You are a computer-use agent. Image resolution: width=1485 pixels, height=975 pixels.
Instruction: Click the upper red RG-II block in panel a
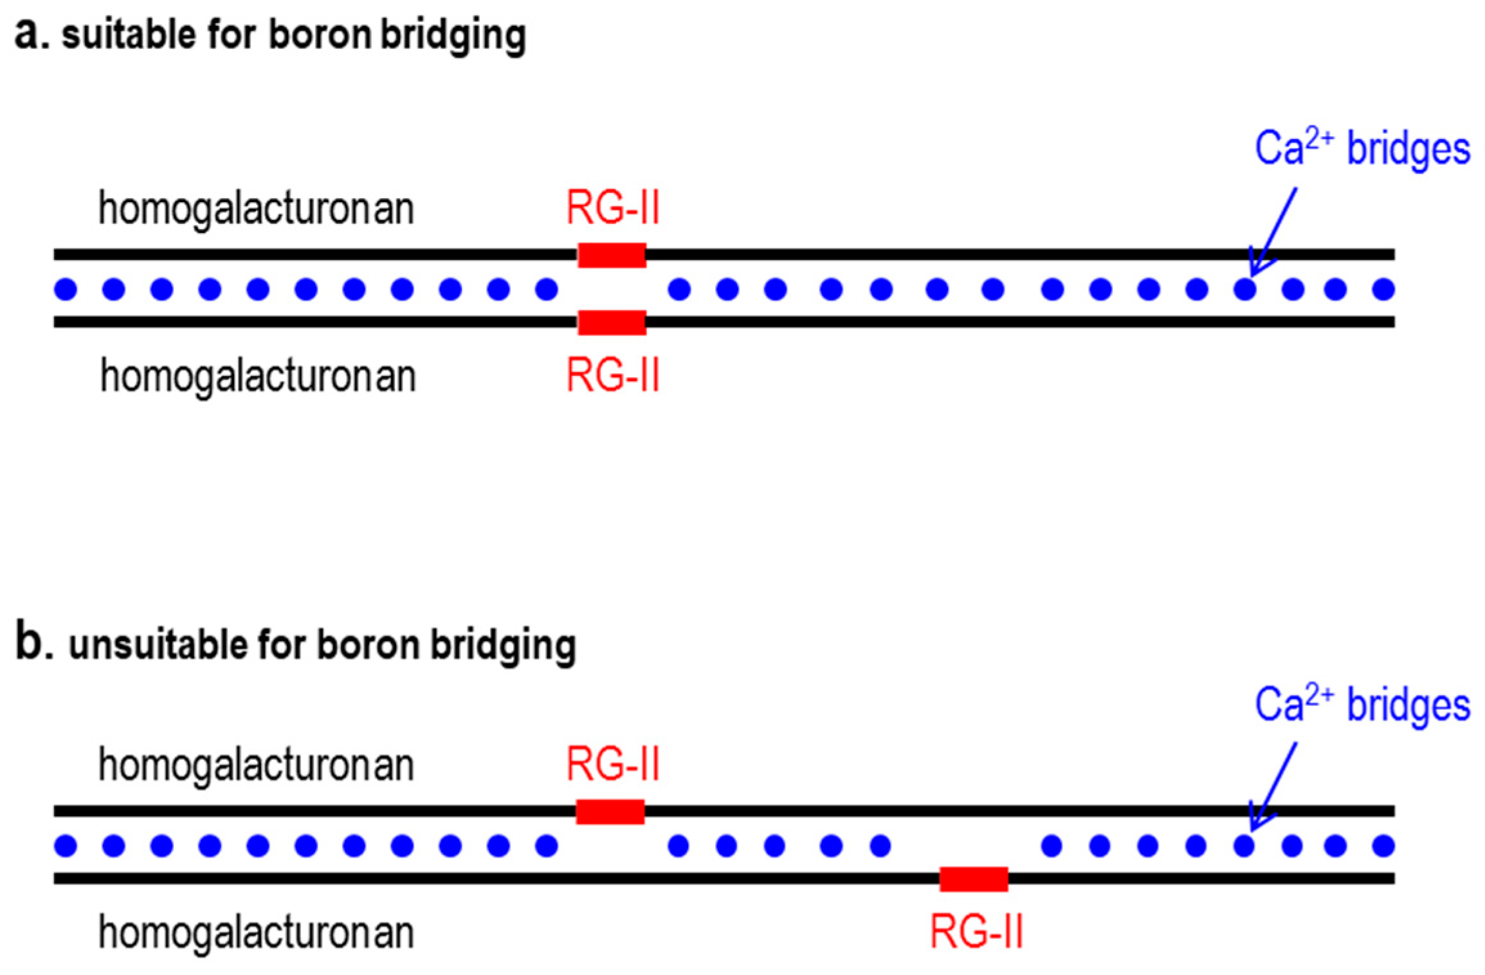(x=612, y=255)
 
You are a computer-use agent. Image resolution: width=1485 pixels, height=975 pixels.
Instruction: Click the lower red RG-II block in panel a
(x=612, y=322)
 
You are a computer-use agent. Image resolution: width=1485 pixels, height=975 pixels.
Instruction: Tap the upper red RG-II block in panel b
(x=610, y=812)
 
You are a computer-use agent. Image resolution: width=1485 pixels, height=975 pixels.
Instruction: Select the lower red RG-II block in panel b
(x=974, y=879)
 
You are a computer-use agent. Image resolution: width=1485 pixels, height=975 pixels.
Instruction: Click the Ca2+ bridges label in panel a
(x=1362, y=149)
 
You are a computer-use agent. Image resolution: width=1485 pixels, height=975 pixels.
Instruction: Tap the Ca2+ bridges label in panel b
(x=1362, y=705)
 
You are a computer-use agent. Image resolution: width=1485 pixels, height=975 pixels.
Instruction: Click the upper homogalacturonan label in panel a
(x=256, y=209)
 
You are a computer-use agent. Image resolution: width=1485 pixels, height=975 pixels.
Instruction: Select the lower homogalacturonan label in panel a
(x=258, y=376)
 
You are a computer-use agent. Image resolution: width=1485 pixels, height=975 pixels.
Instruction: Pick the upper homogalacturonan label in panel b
(x=256, y=765)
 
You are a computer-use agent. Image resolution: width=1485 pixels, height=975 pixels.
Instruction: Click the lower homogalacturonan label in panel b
(x=256, y=933)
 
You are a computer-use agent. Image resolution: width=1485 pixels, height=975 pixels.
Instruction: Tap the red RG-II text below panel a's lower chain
(x=613, y=376)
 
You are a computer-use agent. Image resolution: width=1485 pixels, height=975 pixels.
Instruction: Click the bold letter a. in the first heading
(x=32, y=33)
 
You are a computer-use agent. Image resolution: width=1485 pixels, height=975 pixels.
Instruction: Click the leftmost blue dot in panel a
(x=66, y=289)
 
